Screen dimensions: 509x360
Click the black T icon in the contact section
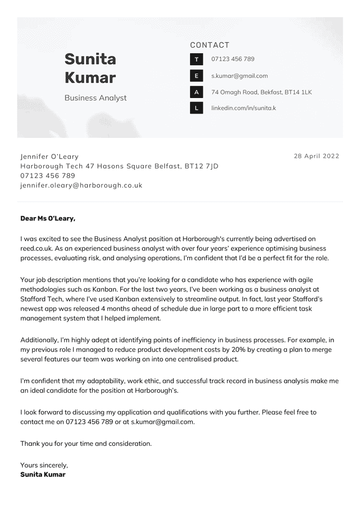coord(197,59)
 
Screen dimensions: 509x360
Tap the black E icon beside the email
coord(197,76)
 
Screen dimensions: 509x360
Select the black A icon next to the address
coord(197,92)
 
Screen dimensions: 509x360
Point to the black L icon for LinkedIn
coord(197,108)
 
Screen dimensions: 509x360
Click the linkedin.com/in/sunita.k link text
coord(244,108)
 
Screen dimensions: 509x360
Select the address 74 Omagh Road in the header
coord(261,92)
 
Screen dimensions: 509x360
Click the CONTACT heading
coord(209,45)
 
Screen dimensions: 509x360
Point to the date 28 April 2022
coord(316,156)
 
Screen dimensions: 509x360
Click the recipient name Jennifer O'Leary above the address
coord(49,157)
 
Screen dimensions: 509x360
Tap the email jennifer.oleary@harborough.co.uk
coord(81,186)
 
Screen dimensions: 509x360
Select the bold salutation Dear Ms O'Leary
coord(48,218)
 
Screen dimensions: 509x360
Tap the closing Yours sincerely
coord(44,465)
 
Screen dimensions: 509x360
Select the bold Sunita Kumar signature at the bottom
coord(43,475)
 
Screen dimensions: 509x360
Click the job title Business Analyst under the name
coord(95,98)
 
